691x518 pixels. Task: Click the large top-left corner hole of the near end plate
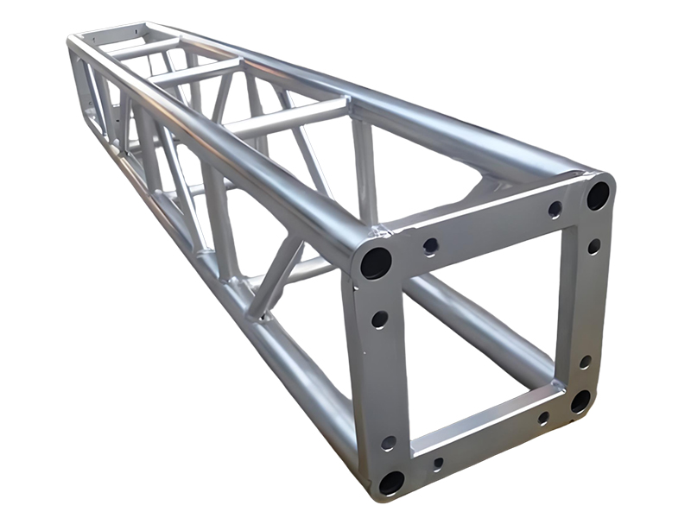376,261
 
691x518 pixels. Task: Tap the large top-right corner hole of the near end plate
597,195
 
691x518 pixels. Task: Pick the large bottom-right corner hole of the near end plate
580,401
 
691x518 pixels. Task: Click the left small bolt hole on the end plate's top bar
430,246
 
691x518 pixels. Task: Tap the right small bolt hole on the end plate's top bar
555,209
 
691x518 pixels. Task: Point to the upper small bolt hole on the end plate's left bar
379,319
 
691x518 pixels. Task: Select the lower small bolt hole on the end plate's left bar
389,443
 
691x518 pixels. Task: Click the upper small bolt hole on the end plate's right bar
594,246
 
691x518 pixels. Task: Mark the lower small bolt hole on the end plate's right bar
585,362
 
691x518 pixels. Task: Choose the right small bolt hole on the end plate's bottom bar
543,418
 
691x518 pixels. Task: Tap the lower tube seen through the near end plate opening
484,319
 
